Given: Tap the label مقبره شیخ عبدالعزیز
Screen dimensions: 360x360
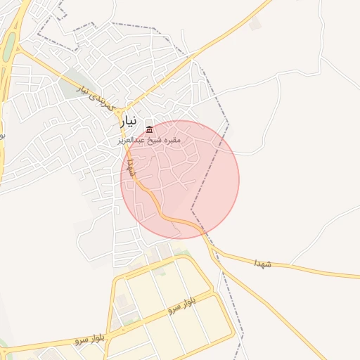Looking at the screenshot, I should [x=150, y=140].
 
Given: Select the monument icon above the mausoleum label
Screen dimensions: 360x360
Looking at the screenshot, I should [x=150, y=129].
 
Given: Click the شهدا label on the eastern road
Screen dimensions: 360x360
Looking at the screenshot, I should [x=263, y=263].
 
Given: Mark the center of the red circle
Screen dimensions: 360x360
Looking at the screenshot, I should [x=180, y=179].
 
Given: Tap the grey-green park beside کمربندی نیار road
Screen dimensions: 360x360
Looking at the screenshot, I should [x=70, y=88].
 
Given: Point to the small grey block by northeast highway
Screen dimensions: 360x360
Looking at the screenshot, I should [x=255, y=23].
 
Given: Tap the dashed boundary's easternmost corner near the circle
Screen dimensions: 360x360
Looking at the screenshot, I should [x=229, y=125].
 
